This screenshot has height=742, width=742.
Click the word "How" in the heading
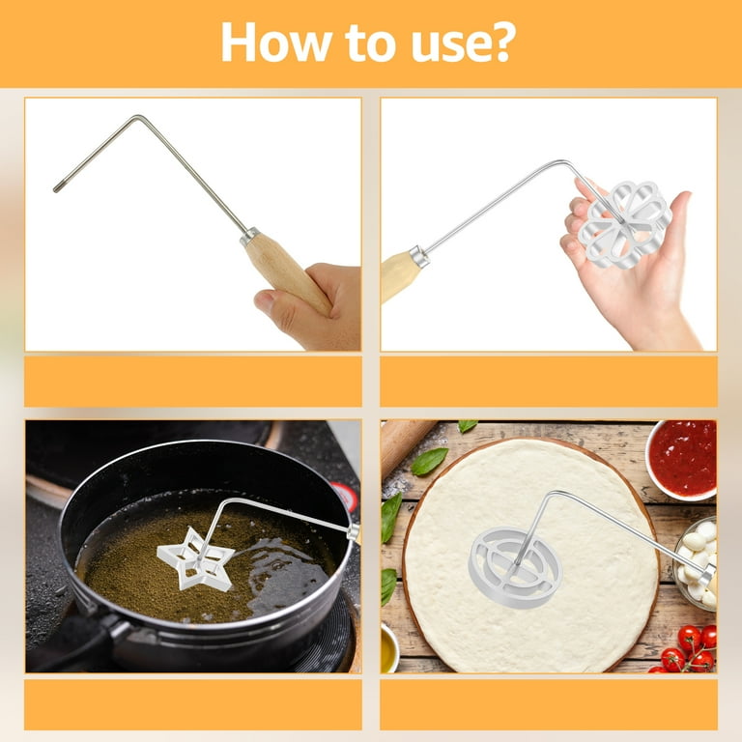coord(276,42)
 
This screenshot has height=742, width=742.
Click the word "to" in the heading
coord(371,43)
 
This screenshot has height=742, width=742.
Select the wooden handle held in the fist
coord(287,273)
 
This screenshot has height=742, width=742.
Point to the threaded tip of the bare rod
coord(56,188)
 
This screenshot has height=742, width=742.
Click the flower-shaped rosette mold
coord(624,224)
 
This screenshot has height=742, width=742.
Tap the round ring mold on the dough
coord(515,567)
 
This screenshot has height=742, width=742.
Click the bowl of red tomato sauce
coord(682,460)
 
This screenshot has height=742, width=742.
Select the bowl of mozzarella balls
coord(696,564)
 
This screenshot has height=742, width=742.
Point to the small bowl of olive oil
coord(389,648)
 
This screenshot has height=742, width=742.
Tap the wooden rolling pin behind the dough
coord(406,443)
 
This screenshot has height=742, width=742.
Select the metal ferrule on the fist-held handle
coord(249,235)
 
